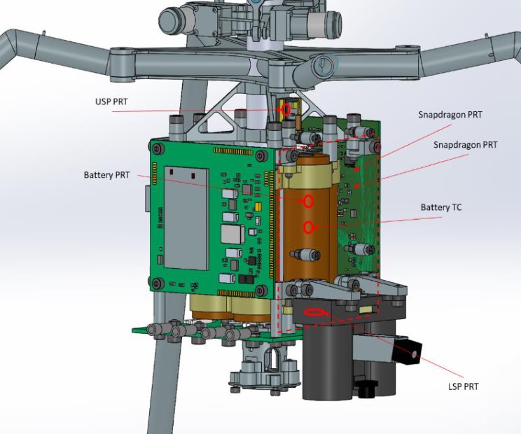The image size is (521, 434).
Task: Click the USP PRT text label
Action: [x=111, y=101]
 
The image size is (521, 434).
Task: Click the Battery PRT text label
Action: [x=106, y=175]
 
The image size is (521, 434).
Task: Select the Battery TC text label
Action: [x=441, y=207]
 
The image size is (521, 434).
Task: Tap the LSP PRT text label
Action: [x=463, y=386]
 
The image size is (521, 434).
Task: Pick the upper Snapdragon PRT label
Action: [x=450, y=115]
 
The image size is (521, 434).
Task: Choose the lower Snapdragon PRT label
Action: [x=466, y=145]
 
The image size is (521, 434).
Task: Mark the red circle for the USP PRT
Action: [x=286, y=109]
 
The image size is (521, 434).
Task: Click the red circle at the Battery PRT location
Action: [x=308, y=201]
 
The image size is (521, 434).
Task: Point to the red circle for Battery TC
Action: [x=308, y=227]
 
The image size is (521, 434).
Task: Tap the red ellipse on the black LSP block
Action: [x=314, y=312]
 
